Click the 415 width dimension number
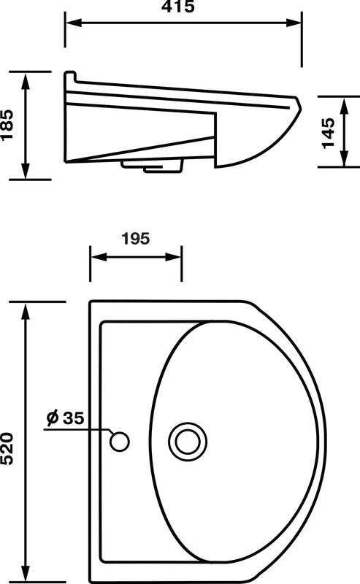[177, 7]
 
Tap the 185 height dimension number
[7, 125]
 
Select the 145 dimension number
[329, 133]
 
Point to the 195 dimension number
[136, 239]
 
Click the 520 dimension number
[7, 448]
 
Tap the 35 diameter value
[74, 418]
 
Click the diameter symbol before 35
[53, 418]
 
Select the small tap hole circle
[120, 442]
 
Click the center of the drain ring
[188, 442]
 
